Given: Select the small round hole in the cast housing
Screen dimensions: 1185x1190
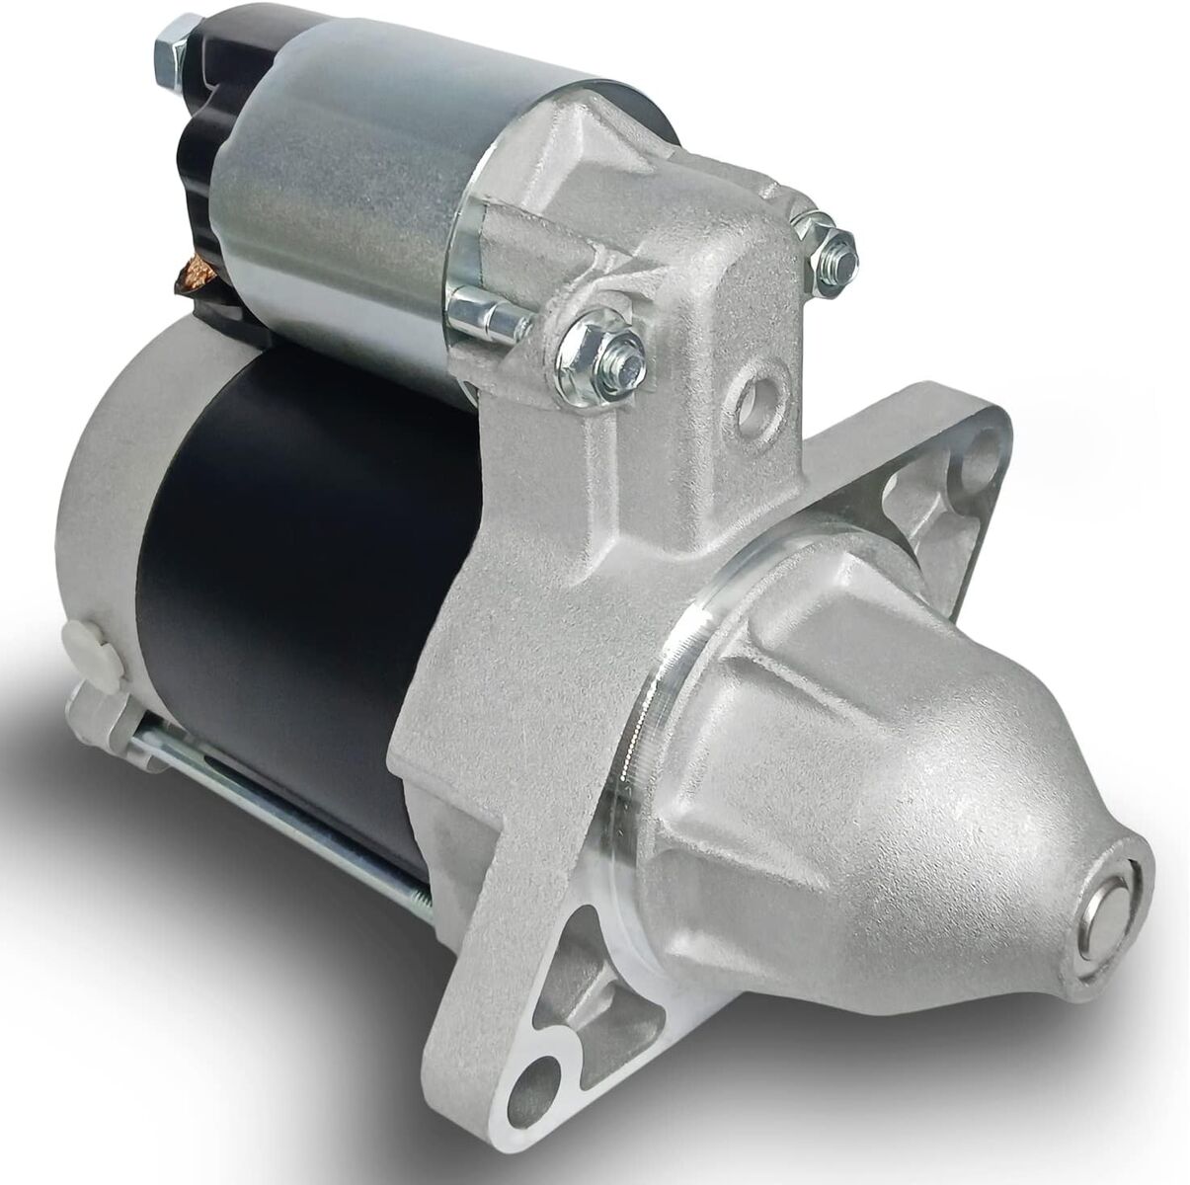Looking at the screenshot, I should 761,396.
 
